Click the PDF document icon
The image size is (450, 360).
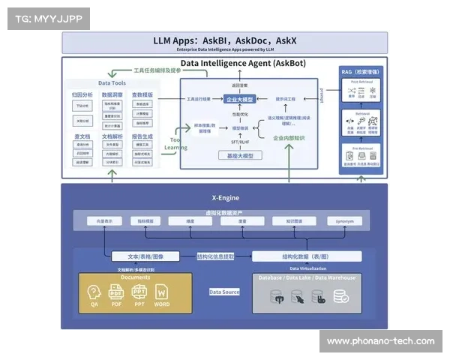click(116, 293)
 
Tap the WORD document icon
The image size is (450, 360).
click(162, 293)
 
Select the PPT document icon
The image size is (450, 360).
click(139, 293)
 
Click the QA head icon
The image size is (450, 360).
click(94, 293)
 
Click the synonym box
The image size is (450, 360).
click(344, 221)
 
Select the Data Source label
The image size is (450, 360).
click(224, 292)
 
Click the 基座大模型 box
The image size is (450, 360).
click(240, 156)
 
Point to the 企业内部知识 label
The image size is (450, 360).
click(289, 139)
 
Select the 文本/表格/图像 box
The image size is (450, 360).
click(145, 256)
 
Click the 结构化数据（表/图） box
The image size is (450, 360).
click(306, 256)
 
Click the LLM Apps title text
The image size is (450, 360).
click(224, 40)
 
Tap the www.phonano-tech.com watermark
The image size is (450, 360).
click(380, 341)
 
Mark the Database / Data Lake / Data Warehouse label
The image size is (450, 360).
click(306, 277)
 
